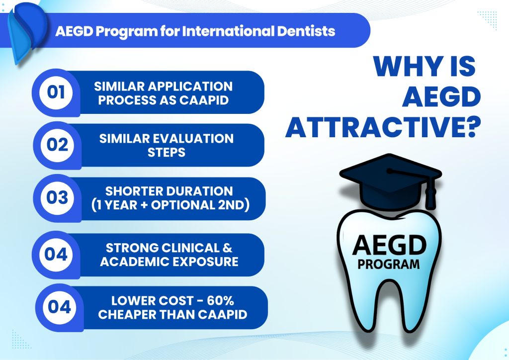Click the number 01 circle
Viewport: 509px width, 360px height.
(x=56, y=92)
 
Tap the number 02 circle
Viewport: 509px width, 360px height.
(x=58, y=145)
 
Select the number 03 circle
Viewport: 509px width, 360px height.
(x=58, y=198)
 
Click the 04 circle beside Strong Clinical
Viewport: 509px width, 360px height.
(x=56, y=255)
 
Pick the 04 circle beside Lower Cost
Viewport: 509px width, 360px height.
(x=60, y=307)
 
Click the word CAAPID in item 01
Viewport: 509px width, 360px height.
(x=204, y=100)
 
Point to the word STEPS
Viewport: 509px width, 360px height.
(x=166, y=152)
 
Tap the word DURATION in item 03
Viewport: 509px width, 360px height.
(x=201, y=191)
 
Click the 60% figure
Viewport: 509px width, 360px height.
(x=220, y=301)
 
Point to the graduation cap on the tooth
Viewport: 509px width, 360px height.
(x=391, y=182)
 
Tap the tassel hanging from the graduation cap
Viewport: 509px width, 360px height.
(x=430, y=192)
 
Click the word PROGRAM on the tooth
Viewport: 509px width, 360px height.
(x=389, y=265)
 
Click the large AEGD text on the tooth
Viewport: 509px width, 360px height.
(x=389, y=246)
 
